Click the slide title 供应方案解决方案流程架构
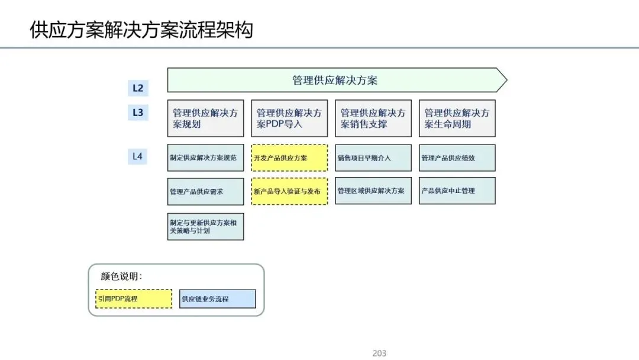coord(141,30)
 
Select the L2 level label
coord(137,88)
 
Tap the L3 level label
coord(137,112)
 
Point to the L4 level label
coord(137,156)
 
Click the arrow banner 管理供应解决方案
coord(335,80)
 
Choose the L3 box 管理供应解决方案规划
coord(205,118)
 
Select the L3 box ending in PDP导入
coord(289,118)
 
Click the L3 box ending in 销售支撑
coord(373,118)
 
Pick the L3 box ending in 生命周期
coord(457,118)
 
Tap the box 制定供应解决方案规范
coord(205,158)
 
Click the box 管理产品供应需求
coord(205,191)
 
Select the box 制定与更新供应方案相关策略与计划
coord(205,226)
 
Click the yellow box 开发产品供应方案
coord(289,158)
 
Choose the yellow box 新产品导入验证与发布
coord(289,191)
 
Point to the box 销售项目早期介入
coord(373,158)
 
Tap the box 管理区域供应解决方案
coord(373,191)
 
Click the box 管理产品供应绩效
coord(457,158)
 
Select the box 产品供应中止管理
coord(457,191)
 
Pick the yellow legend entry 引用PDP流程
coord(134,298)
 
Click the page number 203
coord(379,353)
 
